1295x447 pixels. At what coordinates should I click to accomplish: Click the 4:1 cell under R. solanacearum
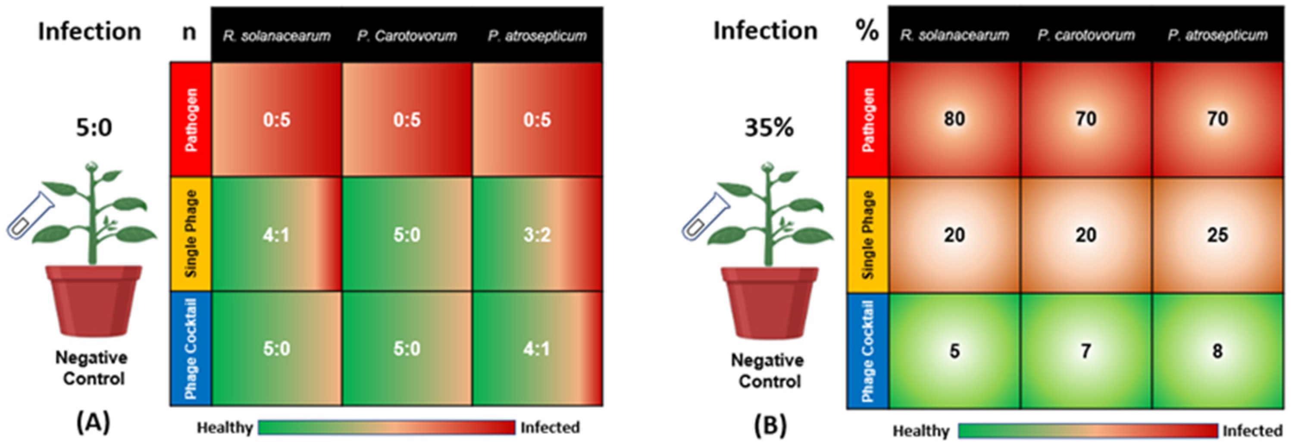[x=276, y=234]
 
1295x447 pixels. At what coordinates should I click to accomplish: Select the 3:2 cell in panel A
[x=537, y=234]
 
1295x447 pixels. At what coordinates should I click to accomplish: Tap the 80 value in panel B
[x=954, y=119]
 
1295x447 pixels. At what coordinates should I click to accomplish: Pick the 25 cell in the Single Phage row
[x=1217, y=235]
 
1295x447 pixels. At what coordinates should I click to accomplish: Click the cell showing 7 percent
[x=1085, y=351]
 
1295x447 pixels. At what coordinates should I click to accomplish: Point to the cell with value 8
[x=1217, y=351]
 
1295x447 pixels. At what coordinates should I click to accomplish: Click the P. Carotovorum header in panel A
[x=407, y=36]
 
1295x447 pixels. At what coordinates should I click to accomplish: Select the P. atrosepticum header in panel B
[x=1217, y=35]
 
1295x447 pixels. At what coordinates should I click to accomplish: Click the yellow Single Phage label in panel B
[x=868, y=235]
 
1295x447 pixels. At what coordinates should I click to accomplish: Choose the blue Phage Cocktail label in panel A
[x=191, y=348]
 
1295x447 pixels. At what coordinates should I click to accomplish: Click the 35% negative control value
[x=769, y=128]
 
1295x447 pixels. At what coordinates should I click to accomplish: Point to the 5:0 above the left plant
[x=94, y=128]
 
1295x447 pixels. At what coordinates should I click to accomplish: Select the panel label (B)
[x=769, y=425]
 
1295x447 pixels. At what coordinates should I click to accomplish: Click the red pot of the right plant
[x=769, y=302]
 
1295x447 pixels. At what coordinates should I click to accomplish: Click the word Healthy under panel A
[x=224, y=428]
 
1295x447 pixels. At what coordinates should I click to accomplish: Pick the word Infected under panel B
[x=1252, y=431]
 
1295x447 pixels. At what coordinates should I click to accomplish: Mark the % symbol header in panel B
[x=866, y=31]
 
